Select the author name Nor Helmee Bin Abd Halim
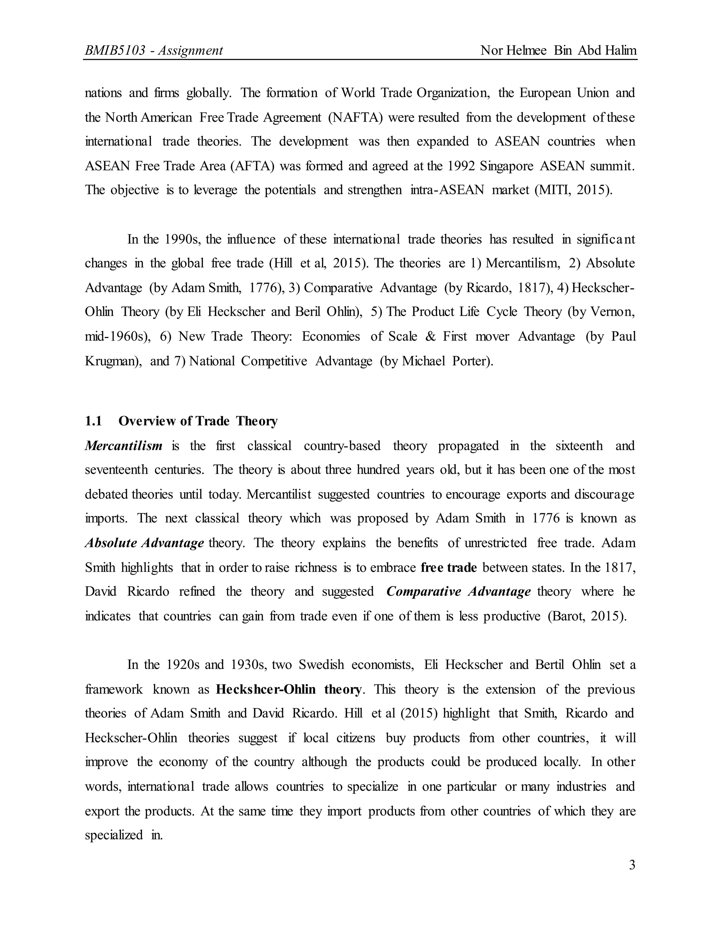click(558, 51)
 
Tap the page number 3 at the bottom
click(632, 865)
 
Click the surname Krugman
click(112, 361)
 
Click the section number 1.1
click(94, 421)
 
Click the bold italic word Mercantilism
click(124, 446)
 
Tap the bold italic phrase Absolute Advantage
click(144, 543)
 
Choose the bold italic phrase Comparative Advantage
click(458, 592)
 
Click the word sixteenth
click(579, 446)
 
